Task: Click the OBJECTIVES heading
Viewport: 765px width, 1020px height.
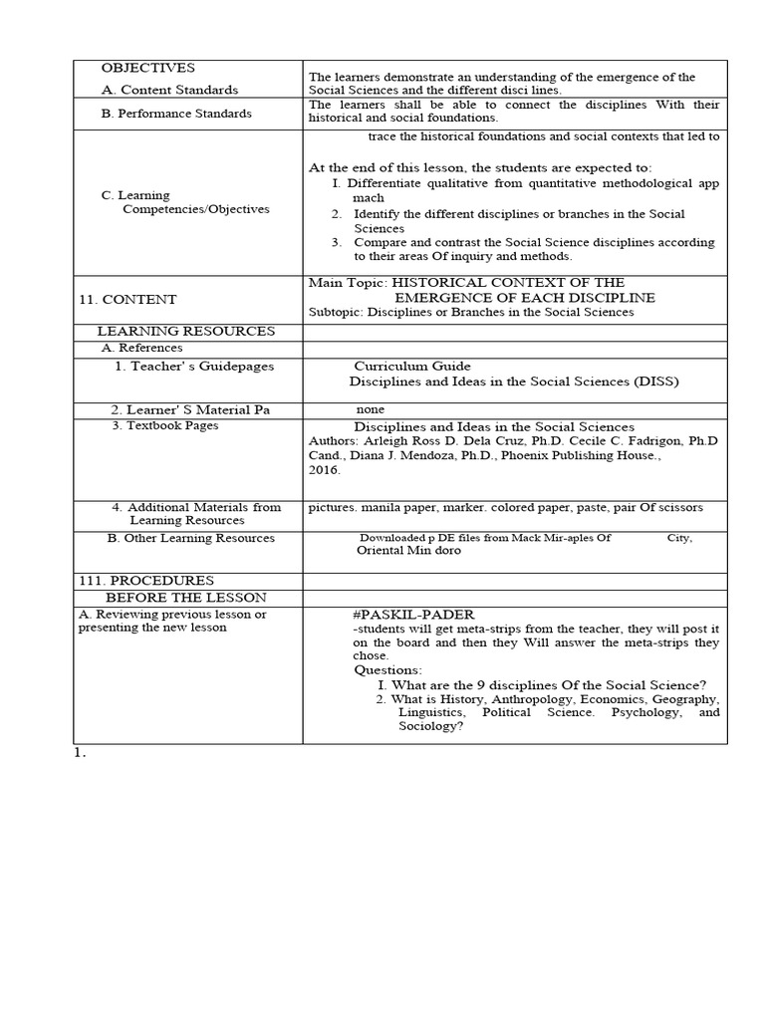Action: [x=147, y=68]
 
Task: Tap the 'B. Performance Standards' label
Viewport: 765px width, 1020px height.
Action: [x=176, y=114]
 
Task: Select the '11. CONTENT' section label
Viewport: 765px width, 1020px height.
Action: [x=127, y=299]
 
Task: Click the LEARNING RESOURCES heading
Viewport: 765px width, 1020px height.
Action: [x=185, y=331]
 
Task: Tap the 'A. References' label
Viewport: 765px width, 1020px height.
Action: [x=142, y=348]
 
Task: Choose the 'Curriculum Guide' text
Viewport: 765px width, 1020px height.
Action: [x=412, y=366]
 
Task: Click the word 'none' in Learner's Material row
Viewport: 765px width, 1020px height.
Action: [x=371, y=409]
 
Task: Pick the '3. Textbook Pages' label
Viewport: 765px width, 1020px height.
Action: [x=164, y=425]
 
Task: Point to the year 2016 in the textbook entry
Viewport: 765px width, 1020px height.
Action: [x=324, y=469]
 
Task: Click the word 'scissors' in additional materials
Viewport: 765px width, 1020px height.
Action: [x=679, y=507]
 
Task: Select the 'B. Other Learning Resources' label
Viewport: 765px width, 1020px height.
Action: [x=190, y=538]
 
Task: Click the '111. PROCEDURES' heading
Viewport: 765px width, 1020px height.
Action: [x=145, y=580]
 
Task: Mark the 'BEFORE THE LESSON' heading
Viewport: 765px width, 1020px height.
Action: [x=186, y=597]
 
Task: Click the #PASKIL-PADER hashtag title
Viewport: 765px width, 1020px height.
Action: [x=413, y=615]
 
